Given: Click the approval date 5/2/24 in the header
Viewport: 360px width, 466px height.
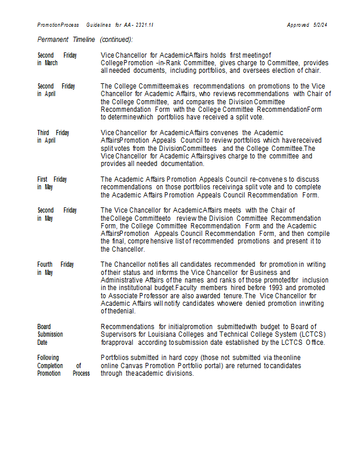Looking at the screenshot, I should click(320, 25).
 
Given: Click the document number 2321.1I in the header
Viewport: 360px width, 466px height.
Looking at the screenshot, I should click(144, 25).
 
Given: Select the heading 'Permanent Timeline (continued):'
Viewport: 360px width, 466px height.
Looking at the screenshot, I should click(85, 40).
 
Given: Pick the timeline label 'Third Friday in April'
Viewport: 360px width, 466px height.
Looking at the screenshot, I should click(54, 136).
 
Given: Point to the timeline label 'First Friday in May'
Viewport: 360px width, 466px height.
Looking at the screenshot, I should click(52, 183).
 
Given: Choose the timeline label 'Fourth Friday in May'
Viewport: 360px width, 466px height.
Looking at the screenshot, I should click(55, 269).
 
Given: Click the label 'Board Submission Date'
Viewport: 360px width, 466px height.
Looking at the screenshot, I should click(50, 334).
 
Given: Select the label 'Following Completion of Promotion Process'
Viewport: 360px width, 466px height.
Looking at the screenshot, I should click(63, 365).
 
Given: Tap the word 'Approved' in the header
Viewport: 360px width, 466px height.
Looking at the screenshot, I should click(298, 25).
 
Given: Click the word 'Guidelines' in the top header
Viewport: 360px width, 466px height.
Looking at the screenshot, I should click(99, 25).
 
